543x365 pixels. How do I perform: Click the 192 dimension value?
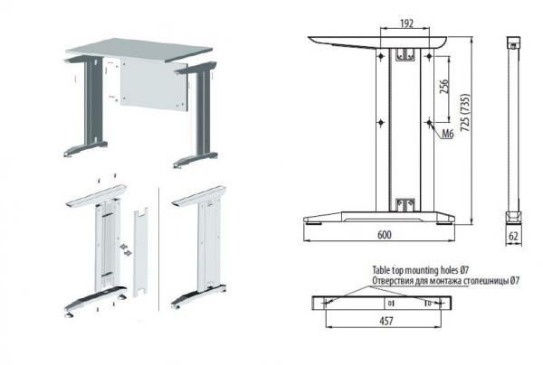point(407,23)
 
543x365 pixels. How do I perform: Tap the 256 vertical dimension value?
point(443,87)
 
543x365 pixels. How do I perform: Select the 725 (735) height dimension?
point(465,112)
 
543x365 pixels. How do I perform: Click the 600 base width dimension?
point(385,235)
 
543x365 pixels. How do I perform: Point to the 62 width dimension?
point(513,236)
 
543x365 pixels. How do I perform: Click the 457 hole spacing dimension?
point(386,321)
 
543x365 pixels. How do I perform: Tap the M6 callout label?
point(448,134)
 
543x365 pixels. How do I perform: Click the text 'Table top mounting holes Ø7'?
point(421,269)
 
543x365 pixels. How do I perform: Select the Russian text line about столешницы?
point(445,281)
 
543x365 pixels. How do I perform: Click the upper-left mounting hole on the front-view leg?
point(381,56)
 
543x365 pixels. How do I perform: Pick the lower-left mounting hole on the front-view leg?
point(381,122)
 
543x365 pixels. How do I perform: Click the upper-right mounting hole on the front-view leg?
point(429,56)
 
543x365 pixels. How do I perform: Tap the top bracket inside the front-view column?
point(405,54)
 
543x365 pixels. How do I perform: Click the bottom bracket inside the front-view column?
point(405,204)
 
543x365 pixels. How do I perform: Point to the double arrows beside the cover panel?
point(126,250)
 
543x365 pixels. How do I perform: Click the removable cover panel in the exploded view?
point(141,252)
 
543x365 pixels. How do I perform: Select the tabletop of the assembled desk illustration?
point(139,50)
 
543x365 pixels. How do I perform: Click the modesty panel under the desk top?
point(154,85)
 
